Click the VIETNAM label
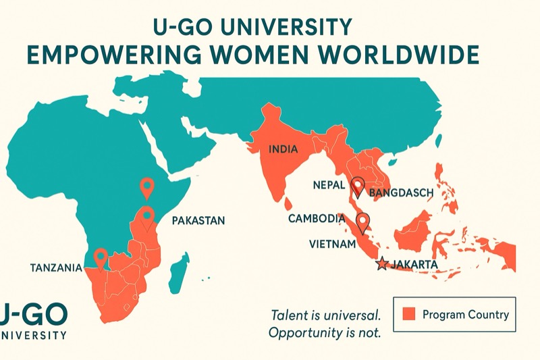coord(332,243)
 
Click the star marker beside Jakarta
coord(383,264)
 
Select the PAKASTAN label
coord(198,220)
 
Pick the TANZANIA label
coord(56,267)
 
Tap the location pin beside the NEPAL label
coord(358,186)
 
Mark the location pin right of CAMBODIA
coord(363,221)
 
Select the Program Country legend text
coord(465,314)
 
